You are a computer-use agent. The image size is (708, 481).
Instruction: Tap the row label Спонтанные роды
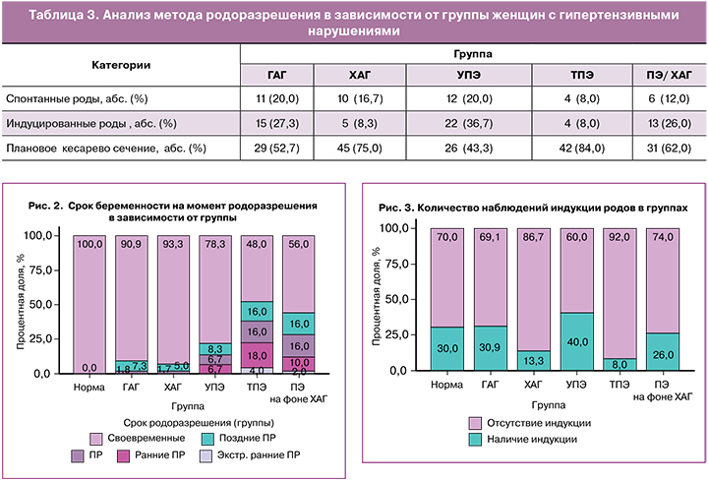pyautogui.click(x=52, y=99)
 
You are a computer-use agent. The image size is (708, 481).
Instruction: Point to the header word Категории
pyautogui.click(x=121, y=64)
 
